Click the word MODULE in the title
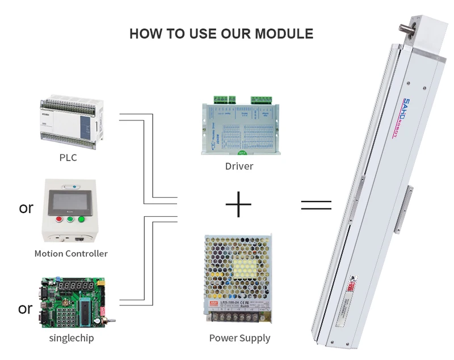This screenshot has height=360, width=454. click(x=284, y=34)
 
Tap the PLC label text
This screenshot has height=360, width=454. click(x=68, y=157)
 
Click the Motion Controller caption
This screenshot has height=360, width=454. click(x=71, y=253)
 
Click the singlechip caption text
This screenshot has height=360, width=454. click(x=72, y=338)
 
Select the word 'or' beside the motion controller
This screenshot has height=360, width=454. click(x=26, y=208)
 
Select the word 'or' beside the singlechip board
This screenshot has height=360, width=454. click(x=26, y=309)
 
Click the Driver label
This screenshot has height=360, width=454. click(x=239, y=166)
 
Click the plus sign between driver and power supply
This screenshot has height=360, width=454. click(x=238, y=204)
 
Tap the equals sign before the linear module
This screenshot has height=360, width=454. click(x=316, y=206)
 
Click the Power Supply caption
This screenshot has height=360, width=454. click(x=239, y=338)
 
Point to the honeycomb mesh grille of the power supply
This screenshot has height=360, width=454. click(x=238, y=267)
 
